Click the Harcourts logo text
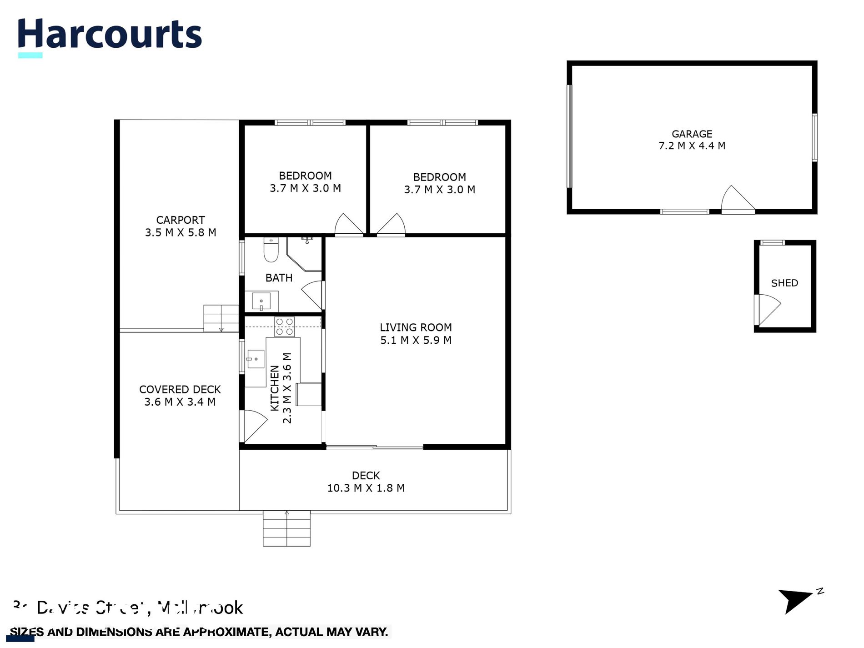tap(110, 35)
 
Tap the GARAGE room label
tap(692, 134)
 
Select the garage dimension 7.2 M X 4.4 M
tap(692, 146)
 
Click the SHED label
tap(784, 283)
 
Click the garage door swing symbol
tap(737, 199)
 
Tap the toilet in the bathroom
tap(271, 251)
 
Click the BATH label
tap(279, 278)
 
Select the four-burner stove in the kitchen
tap(285, 327)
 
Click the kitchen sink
tap(256, 359)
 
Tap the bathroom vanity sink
tap(261, 301)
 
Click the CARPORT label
tap(181, 220)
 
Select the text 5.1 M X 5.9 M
tap(416, 340)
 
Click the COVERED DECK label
tap(180, 390)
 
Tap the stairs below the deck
tap(286, 528)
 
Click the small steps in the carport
tap(221, 318)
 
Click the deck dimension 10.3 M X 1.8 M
tap(366, 488)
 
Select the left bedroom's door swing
tap(348, 225)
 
